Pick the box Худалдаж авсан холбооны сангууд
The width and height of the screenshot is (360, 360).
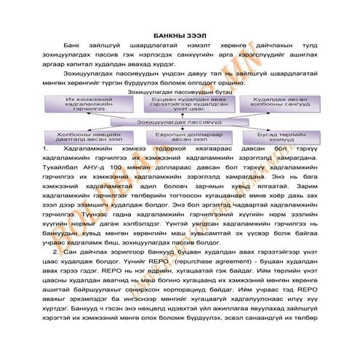point(273,106)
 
